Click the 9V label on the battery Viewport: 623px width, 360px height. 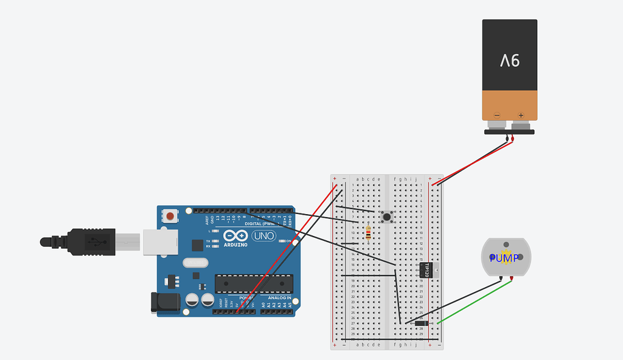(510, 60)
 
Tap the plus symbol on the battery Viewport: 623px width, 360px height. (521, 115)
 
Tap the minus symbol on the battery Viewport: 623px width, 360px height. (497, 115)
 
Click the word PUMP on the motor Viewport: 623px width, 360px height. (504, 258)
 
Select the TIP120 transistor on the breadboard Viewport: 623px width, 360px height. (427, 269)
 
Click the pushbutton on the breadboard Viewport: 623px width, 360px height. (386, 216)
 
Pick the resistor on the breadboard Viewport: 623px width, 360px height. (369, 233)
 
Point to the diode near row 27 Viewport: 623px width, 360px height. (421, 323)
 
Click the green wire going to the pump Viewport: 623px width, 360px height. (475, 300)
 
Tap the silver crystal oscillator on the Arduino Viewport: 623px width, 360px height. (198, 263)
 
